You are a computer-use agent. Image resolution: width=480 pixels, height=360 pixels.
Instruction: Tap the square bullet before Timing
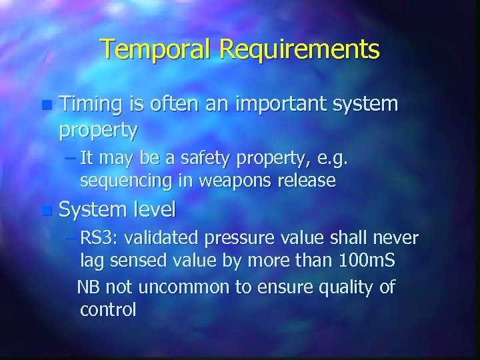tap(45, 105)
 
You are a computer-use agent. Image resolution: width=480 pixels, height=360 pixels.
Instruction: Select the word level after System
tap(155, 211)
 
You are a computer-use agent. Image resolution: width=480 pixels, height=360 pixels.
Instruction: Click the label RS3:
tap(99, 238)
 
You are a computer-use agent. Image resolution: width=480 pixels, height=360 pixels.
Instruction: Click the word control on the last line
tap(107, 309)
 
